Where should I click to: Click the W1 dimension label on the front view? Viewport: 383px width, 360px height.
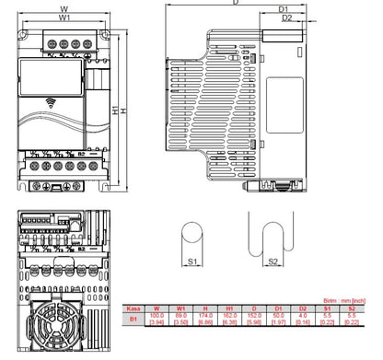click(64, 17)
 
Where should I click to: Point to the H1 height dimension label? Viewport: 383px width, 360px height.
click(115, 110)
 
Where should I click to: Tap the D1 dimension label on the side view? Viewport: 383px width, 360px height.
click(285, 9)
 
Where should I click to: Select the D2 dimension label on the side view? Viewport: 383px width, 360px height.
click(286, 17)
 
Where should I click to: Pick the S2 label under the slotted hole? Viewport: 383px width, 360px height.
click(273, 262)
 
